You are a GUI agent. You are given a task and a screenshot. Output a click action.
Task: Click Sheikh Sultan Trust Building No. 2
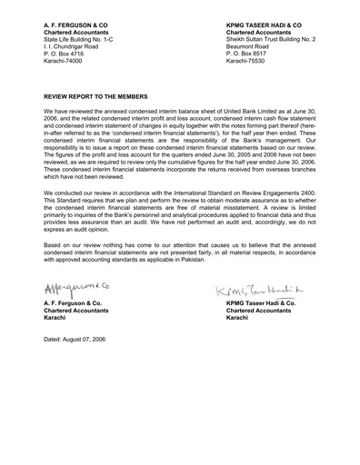click(x=270, y=41)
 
